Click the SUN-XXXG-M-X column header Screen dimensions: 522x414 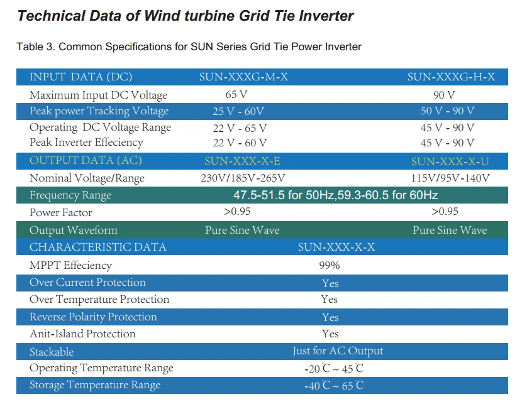(243, 77)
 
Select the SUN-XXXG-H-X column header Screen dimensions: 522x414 (451, 77)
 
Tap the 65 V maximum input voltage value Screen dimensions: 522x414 (236, 94)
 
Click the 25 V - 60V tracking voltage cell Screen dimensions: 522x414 (238, 111)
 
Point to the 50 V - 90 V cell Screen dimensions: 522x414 (447, 111)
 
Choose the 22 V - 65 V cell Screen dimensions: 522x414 (240, 128)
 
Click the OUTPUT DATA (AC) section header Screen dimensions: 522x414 (86, 160)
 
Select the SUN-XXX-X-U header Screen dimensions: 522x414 (450, 161)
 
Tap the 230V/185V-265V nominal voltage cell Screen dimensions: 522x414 (243, 178)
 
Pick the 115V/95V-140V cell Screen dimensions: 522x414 (450, 178)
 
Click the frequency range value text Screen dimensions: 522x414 (336, 195)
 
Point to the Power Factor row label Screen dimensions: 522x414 (60, 212)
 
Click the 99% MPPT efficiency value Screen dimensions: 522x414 (330, 265)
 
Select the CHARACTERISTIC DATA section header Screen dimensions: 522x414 (98, 247)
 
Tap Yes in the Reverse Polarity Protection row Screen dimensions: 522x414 (330, 317)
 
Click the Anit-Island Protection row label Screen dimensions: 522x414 (82, 334)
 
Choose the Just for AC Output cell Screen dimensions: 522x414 (338, 351)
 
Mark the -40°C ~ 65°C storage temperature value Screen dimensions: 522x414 (334, 385)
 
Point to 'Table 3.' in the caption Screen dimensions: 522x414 (36, 46)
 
